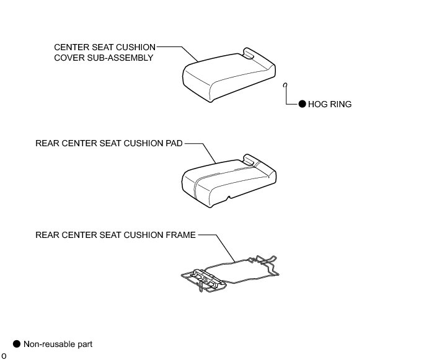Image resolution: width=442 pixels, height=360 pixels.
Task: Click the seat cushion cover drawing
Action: click(x=226, y=77)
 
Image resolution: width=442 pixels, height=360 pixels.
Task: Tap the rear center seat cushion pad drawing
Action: click(x=226, y=180)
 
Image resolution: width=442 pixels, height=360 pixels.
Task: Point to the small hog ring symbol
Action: click(x=285, y=85)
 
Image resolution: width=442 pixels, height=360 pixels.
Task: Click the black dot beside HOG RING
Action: click(x=303, y=104)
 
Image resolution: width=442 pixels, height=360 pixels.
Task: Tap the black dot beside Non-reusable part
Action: click(x=17, y=343)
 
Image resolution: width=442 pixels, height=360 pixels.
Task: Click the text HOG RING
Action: click(x=330, y=104)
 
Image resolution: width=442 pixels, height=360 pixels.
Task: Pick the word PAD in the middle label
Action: click(x=174, y=143)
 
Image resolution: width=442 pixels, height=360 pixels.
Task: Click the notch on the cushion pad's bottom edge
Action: click(x=229, y=198)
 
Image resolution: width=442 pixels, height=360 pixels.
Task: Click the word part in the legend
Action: click(x=84, y=343)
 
